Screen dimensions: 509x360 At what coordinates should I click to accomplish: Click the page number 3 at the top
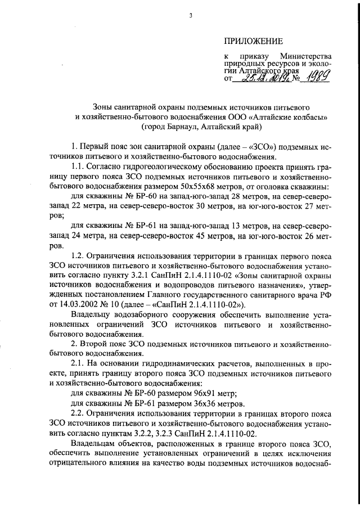(x=191, y=16)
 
